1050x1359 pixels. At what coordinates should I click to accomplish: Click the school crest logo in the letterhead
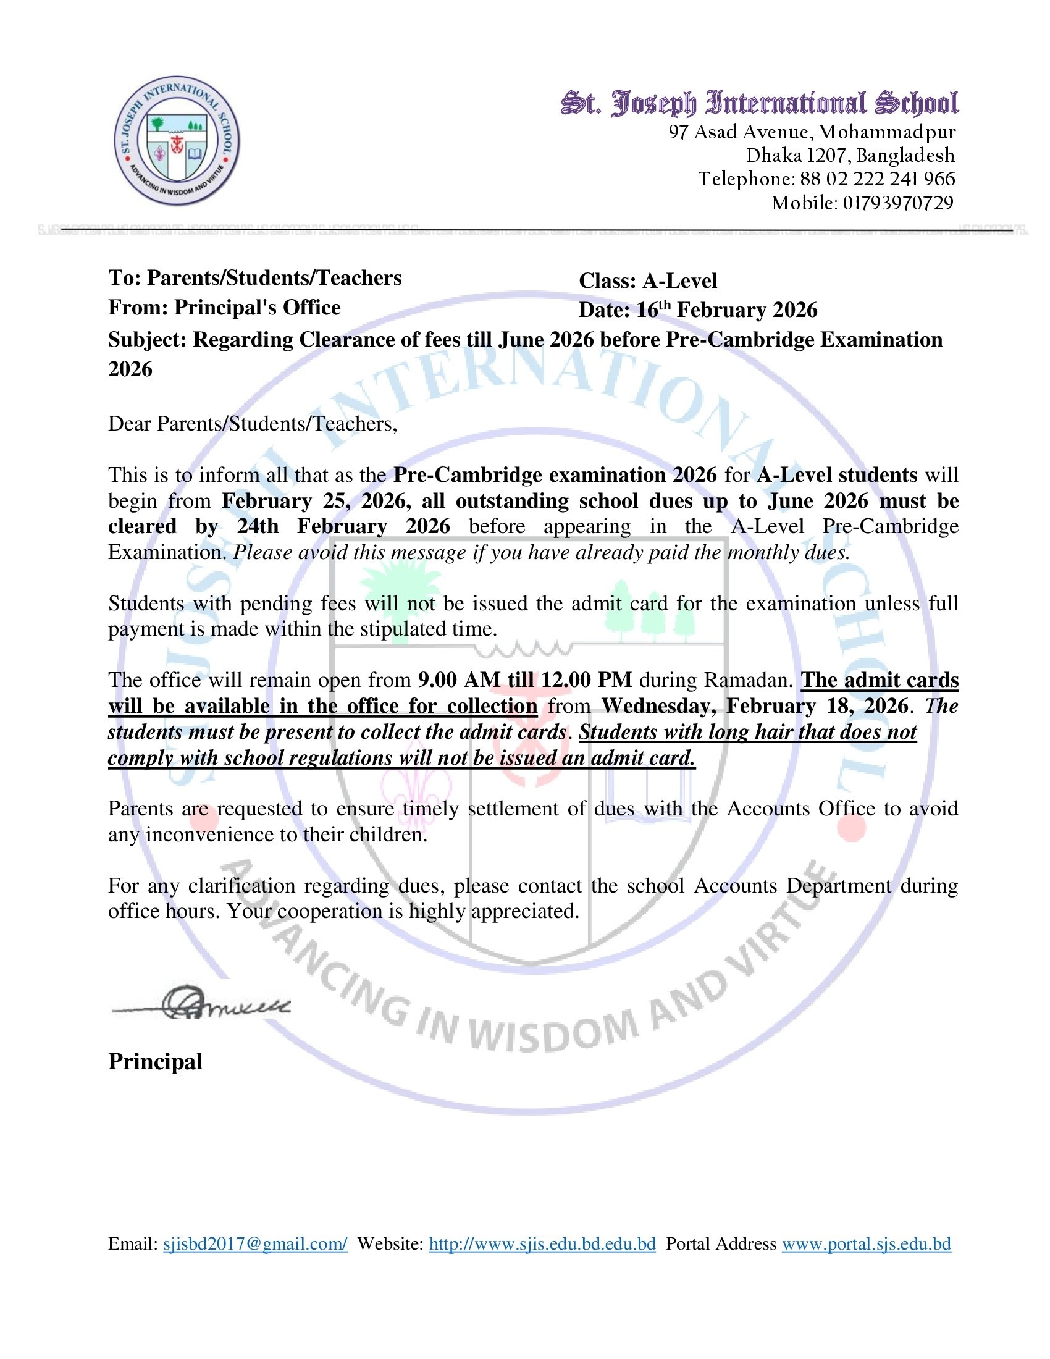pyautogui.click(x=177, y=142)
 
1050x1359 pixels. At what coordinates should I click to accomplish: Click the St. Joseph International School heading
pyautogui.click(x=760, y=103)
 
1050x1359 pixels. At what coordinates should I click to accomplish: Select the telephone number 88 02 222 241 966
pyautogui.click(x=877, y=179)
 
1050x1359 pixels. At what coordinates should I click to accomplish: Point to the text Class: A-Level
pyautogui.click(x=647, y=281)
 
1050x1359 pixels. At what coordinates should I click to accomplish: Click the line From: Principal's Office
pyautogui.click(x=225, y=308)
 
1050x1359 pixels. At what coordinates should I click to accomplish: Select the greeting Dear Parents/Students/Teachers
pyautogui.click(x=252, y=424)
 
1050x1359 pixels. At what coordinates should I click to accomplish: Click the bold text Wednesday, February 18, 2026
pyautogui.click(x=755, y=706)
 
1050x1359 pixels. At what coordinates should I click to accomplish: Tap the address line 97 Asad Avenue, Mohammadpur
pyautogui.click(x=812, y=132)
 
